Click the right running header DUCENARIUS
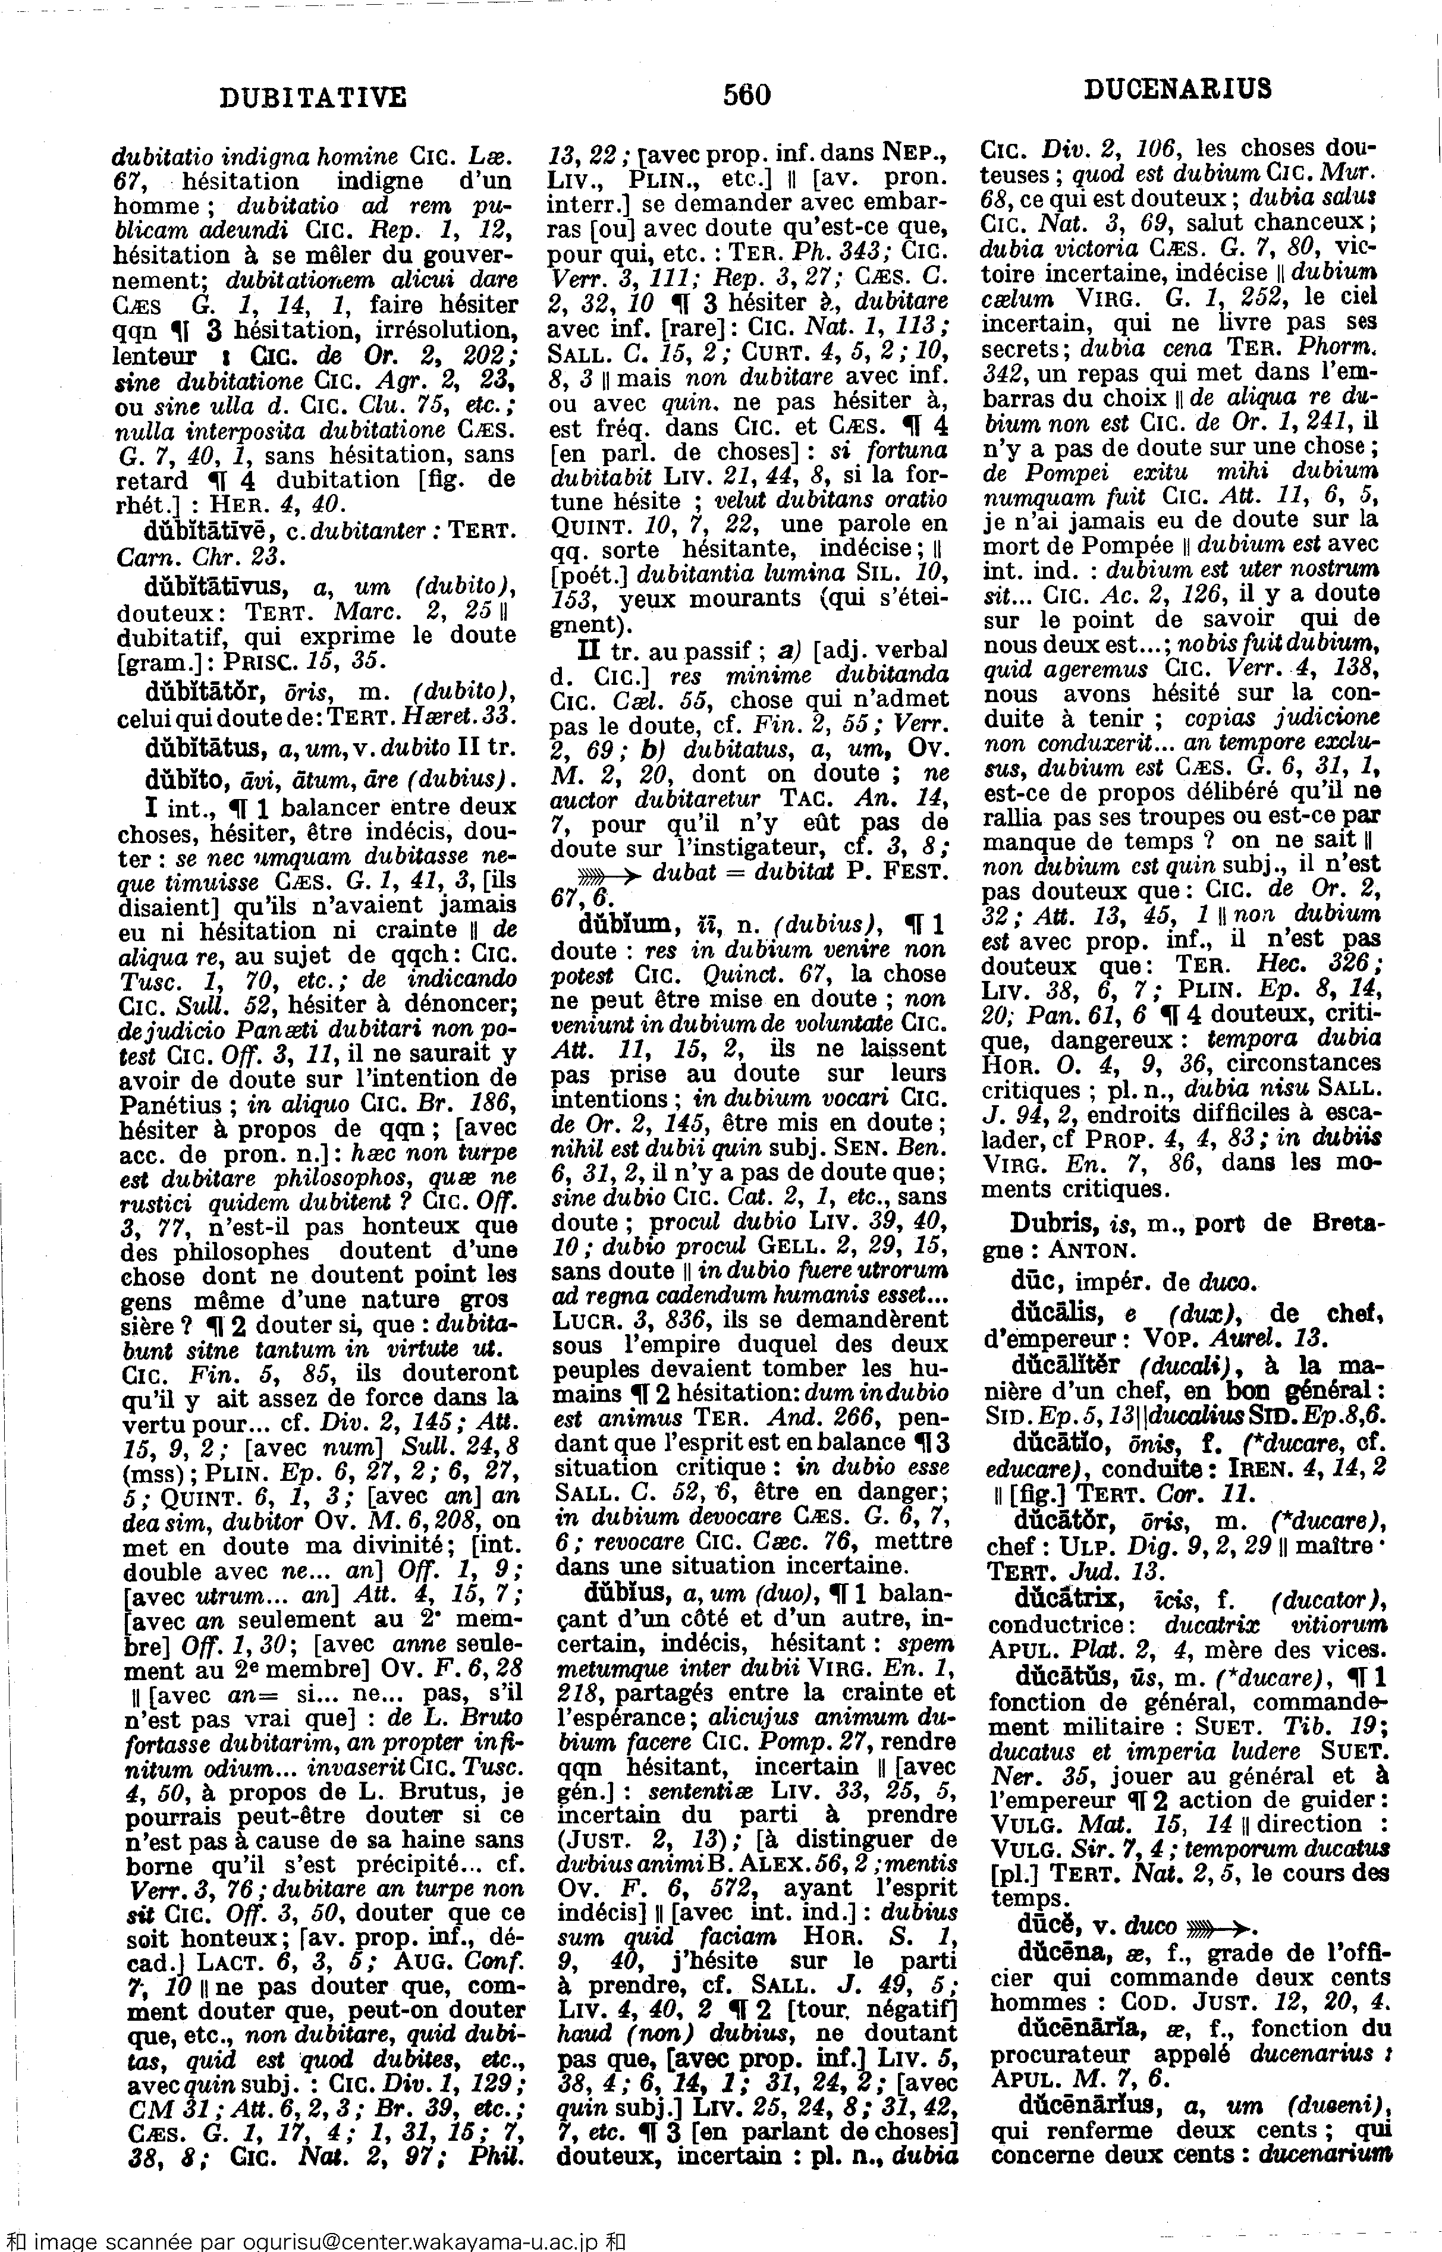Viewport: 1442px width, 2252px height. (1178, 90)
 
